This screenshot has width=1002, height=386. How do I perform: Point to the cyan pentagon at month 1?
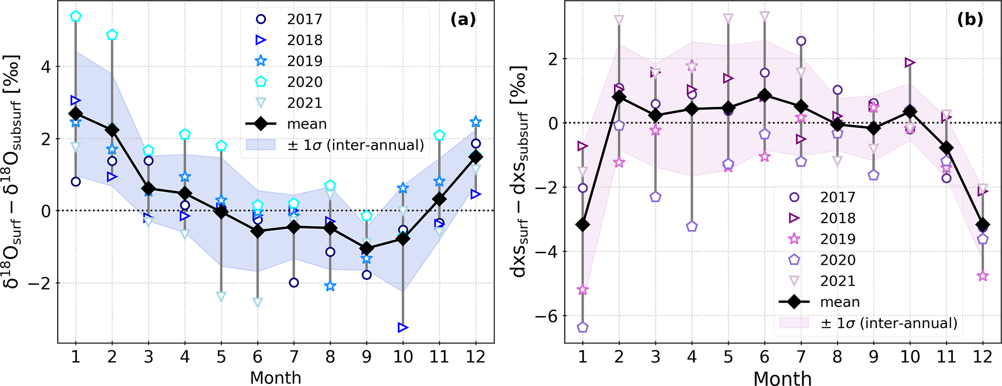[76, 16]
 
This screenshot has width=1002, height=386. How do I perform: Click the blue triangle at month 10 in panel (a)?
[403, 328]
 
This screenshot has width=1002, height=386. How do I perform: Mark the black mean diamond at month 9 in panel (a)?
[366, 249]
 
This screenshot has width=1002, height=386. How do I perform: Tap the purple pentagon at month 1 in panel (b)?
[583, 327]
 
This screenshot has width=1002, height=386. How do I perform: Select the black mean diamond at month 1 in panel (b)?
[583, 225]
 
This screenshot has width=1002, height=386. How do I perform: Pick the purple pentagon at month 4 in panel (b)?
[692, 226]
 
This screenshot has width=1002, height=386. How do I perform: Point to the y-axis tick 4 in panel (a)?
[46, 66]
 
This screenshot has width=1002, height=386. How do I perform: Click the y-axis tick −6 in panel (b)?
[546, 316]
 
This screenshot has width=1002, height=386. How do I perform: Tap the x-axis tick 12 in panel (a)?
[475, 357]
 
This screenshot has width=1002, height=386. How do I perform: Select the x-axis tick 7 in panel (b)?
[801, 357]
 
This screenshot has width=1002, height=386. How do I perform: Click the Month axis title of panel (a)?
[275, 378]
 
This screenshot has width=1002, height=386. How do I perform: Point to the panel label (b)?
[970, 19]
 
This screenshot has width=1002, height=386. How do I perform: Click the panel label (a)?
[462, 19]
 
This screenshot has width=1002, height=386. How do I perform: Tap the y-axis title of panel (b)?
[520, 171]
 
